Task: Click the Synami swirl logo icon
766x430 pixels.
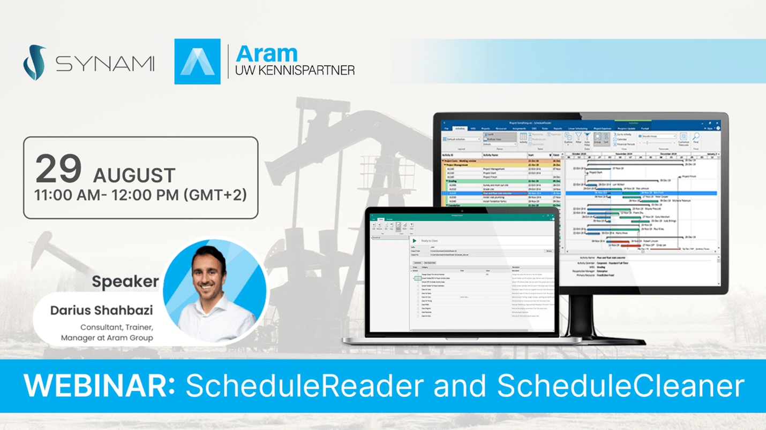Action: point(34,63)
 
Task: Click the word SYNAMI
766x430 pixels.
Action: point(105,64)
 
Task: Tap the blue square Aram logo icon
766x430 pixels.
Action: point(197,62)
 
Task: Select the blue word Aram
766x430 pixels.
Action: point(266,53)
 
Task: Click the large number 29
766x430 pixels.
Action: point(58,169)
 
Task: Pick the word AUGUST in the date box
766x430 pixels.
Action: point(134,175)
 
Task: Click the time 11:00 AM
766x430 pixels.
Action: point(66,195)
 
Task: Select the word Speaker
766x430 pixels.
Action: point(125,281)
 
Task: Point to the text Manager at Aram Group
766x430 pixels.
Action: point(107,337)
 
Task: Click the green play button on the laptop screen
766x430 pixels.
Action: point(414,241)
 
